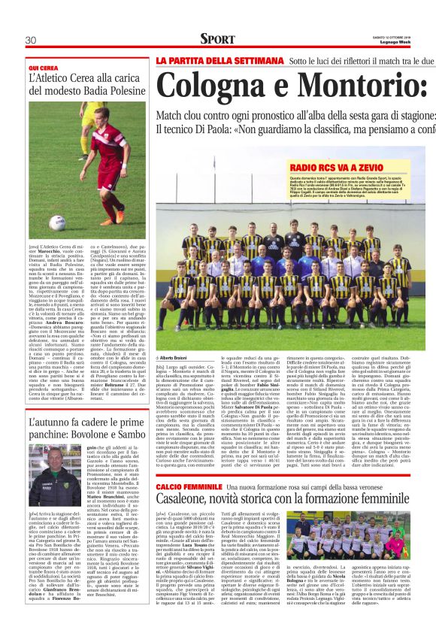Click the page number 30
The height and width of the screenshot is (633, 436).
31,39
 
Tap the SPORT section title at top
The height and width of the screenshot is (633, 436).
217,39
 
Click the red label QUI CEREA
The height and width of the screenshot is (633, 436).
43,67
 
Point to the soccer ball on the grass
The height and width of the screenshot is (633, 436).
57,222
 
